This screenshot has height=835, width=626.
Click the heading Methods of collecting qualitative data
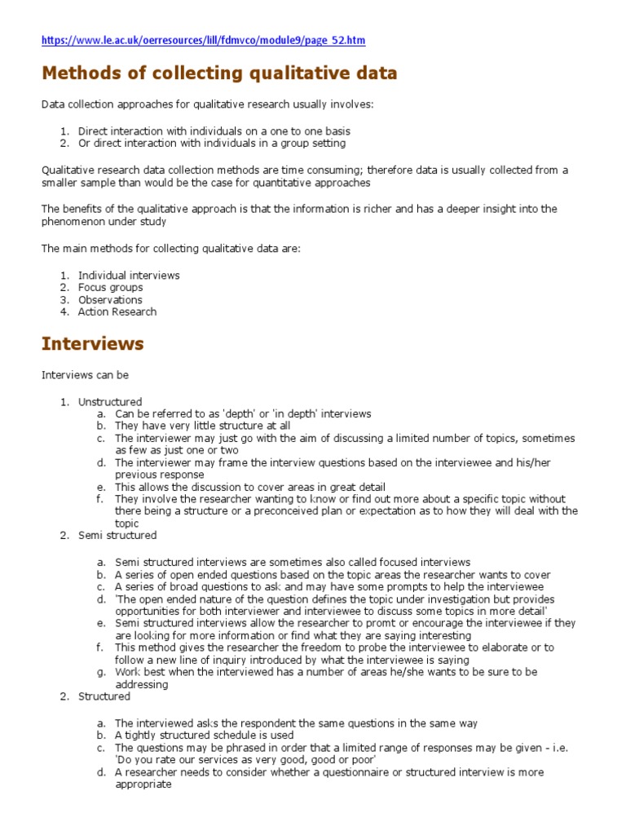[x=219, y=73]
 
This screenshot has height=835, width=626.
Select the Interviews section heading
[x=92, y=343]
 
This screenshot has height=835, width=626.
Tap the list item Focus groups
[x=110, y=287]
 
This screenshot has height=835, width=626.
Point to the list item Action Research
[x=117, y=311]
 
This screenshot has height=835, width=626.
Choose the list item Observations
[x=110, y=299]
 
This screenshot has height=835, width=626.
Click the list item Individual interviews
[x=129, y=275]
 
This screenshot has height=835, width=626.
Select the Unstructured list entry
[x=110, y=401]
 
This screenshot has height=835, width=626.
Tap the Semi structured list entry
[x=117, y=536]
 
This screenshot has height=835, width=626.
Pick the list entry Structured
[x=104, y=696]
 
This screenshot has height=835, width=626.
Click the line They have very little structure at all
[x=202, y=426]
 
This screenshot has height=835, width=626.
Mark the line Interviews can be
[x=85, y=375]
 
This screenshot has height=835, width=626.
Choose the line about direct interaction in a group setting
[x=212, y=143]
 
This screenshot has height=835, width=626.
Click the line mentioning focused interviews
[x=293, y=562]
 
